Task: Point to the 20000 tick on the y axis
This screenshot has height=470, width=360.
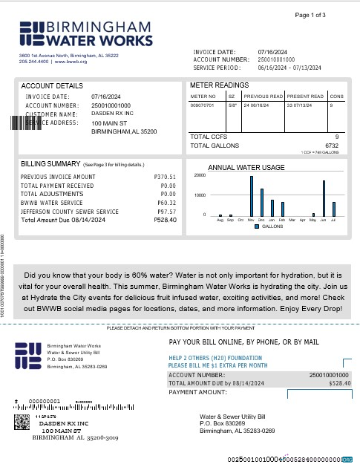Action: [200, 175]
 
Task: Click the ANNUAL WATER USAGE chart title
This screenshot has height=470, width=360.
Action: [257, 167]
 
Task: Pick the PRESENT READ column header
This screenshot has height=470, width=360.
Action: [305, 97]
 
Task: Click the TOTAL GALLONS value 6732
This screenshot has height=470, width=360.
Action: [331, 146]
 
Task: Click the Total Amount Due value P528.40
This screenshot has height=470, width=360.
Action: [165, 221]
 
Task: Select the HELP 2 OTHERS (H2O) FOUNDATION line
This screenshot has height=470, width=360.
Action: [217, 357]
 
